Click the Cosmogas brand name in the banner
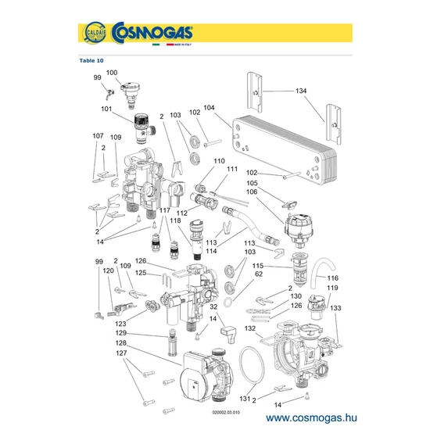tap(152, 32)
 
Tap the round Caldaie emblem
tap(95, 32)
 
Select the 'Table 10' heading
tap(91, 61)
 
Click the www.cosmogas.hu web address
tap(311, 417)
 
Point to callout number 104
tap(209, 108)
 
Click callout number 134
tap(301, 91)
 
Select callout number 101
tap(106, 109)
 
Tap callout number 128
tap(121, 342)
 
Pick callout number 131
tap(245, 399)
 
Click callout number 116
tap(332, 278)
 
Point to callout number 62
tap(259, 274)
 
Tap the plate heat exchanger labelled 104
tap(285, 148)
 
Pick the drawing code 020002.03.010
tap(226, 413)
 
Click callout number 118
tap(175, 220)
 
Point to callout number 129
tap(121, 333)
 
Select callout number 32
tap(213, 306)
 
